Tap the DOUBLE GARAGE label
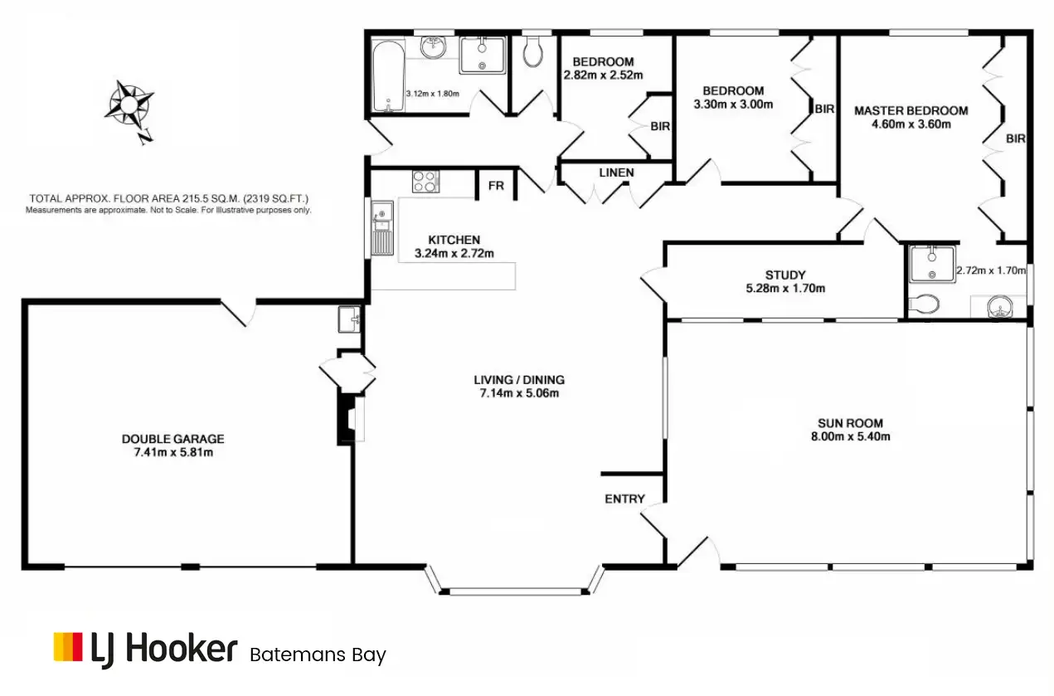[172, 439]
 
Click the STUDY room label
[785, 275]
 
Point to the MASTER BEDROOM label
[911, 110]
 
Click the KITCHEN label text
[454, 240]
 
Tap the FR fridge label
[496, 186]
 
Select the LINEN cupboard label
[616, 173]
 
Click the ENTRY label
[624, 499]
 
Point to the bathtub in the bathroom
[387, 75]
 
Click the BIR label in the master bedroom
[1016, 139]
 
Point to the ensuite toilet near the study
[923, 304]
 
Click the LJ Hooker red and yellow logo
[68, 648]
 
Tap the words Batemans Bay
[318, 655]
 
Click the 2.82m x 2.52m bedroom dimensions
[604, 75]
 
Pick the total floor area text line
[169, 199]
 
